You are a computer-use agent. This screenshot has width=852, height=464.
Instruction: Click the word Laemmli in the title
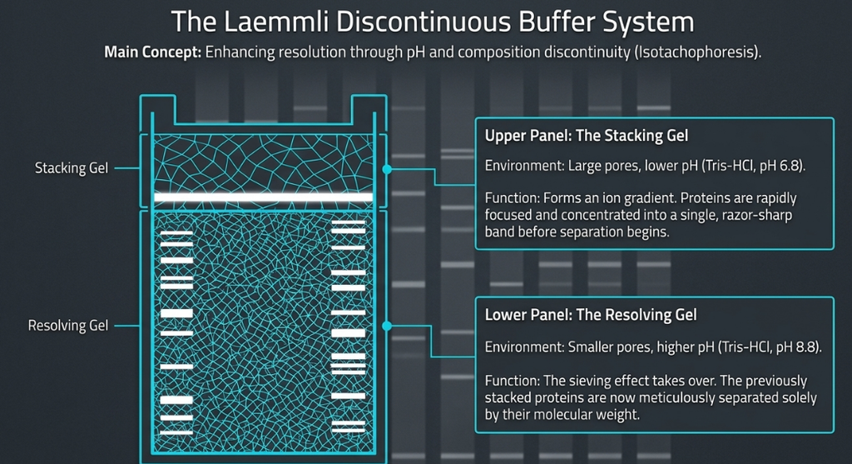coord(276,22)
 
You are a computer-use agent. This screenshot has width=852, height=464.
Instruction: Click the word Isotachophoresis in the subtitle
coord(696,52)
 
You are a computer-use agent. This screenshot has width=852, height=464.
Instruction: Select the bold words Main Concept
coord(153,52)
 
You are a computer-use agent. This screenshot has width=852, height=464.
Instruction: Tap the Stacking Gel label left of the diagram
coord(72,168)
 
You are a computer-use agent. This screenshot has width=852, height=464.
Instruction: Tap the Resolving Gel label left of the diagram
coord(68,325)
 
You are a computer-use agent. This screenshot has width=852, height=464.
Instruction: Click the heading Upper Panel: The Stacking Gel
coord(587,136)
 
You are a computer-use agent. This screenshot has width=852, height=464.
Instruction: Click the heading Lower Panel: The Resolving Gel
coord(591,315)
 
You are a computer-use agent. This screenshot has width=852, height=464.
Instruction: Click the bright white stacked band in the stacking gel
coord(264,197)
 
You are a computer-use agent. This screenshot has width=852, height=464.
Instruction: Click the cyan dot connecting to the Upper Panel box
coord(387,169)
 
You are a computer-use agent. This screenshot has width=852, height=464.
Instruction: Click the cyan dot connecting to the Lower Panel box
coord(387,326)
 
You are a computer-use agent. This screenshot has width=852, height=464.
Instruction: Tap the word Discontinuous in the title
coord(424,22)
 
